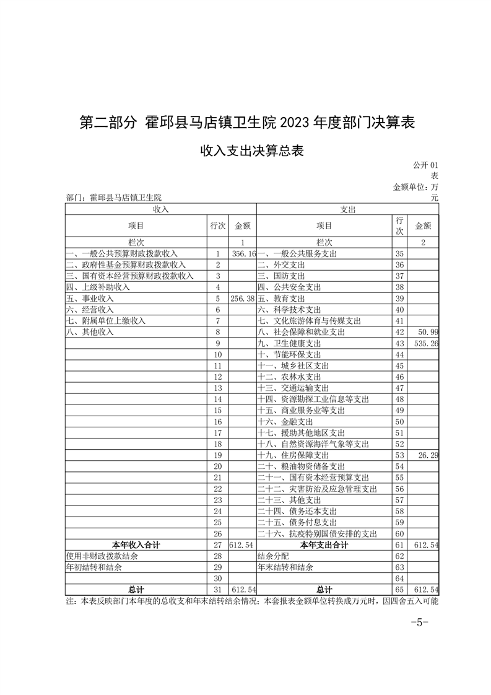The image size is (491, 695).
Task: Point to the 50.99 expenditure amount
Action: point(428,332)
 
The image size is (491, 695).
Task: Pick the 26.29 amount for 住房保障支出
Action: point(428,455)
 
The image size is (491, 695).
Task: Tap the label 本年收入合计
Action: point(136,545)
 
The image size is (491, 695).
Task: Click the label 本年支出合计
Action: point(324,545)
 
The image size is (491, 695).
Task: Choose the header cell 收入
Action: point(160,210)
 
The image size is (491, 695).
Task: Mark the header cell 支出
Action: point(348,210)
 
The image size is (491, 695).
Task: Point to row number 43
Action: point(399,343)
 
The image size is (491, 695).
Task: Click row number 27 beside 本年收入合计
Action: point(217,545)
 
